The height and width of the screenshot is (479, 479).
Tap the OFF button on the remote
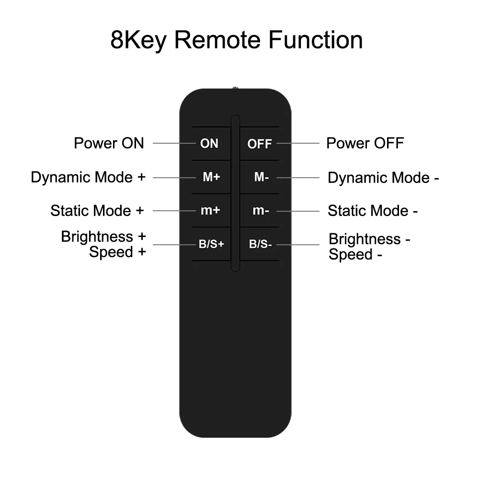(259, 144)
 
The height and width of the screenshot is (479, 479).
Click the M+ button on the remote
(211, 177)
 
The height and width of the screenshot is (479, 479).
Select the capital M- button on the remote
(261, 177)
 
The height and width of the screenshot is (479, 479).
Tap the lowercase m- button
(260, 211)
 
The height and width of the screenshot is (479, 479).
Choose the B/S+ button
(211, 244)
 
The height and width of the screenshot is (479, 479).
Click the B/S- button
(260, 244)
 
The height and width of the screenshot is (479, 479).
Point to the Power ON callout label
(109, 143)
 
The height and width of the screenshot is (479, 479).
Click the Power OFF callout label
(365, 143)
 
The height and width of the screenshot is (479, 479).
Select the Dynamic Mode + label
(88, 177)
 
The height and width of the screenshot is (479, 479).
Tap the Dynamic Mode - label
(383, 178)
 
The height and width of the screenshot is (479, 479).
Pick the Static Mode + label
(97, 211)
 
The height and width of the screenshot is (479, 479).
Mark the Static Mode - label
(373, 211)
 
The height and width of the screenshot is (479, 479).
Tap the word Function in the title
(315, 40)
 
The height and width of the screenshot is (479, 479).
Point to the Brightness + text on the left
(103, 237)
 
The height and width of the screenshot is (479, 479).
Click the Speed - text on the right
(355, 255)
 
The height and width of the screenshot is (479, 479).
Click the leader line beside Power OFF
(297, 143)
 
